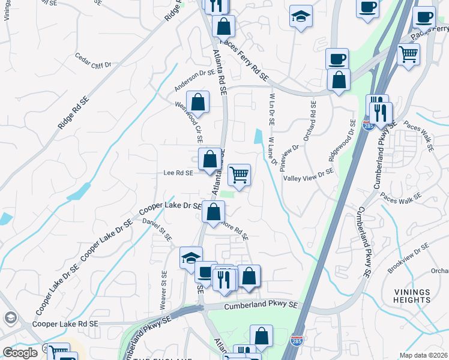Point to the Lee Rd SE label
pos(178,173)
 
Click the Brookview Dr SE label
pos(408,259)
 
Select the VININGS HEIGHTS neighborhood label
pos(412,295)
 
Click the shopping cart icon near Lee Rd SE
pos(239,175)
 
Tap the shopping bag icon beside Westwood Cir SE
pos(197,103)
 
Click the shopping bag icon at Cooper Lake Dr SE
pos(213,212)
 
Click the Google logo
pos(20,352)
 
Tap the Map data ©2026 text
pos(423,355)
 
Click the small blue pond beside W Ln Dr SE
pos(258,137)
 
